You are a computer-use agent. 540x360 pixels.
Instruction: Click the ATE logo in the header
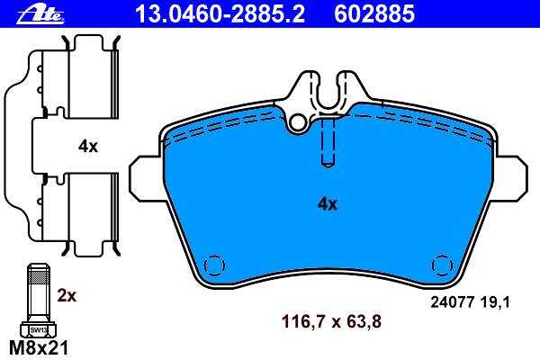(x=40, y=14)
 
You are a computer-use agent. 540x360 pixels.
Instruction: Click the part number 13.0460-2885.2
(x=220, y=14)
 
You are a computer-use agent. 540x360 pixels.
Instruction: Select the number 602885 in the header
(x=374, y=14)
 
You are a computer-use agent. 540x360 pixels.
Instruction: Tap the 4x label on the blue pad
(x=328, y=204)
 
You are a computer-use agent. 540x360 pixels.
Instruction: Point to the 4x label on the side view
(x=88, y=147)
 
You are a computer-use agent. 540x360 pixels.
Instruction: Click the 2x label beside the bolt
(x=67, y=295)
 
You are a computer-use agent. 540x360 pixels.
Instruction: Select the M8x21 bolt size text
(x=39, y=348)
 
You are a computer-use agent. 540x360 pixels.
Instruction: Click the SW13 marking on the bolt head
(x=38, y=330)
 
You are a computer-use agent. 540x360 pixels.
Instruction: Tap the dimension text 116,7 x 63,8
(x=331, y=322)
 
